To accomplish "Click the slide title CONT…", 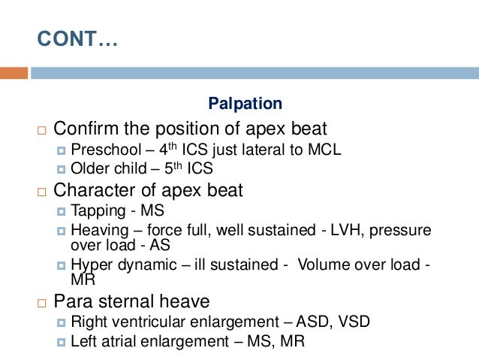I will click(x=77, y=39).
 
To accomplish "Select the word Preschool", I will click(x=101, y=150).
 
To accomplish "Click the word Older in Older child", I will click(x=89, y=168).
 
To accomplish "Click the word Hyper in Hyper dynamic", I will click(x=89, y=265).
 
